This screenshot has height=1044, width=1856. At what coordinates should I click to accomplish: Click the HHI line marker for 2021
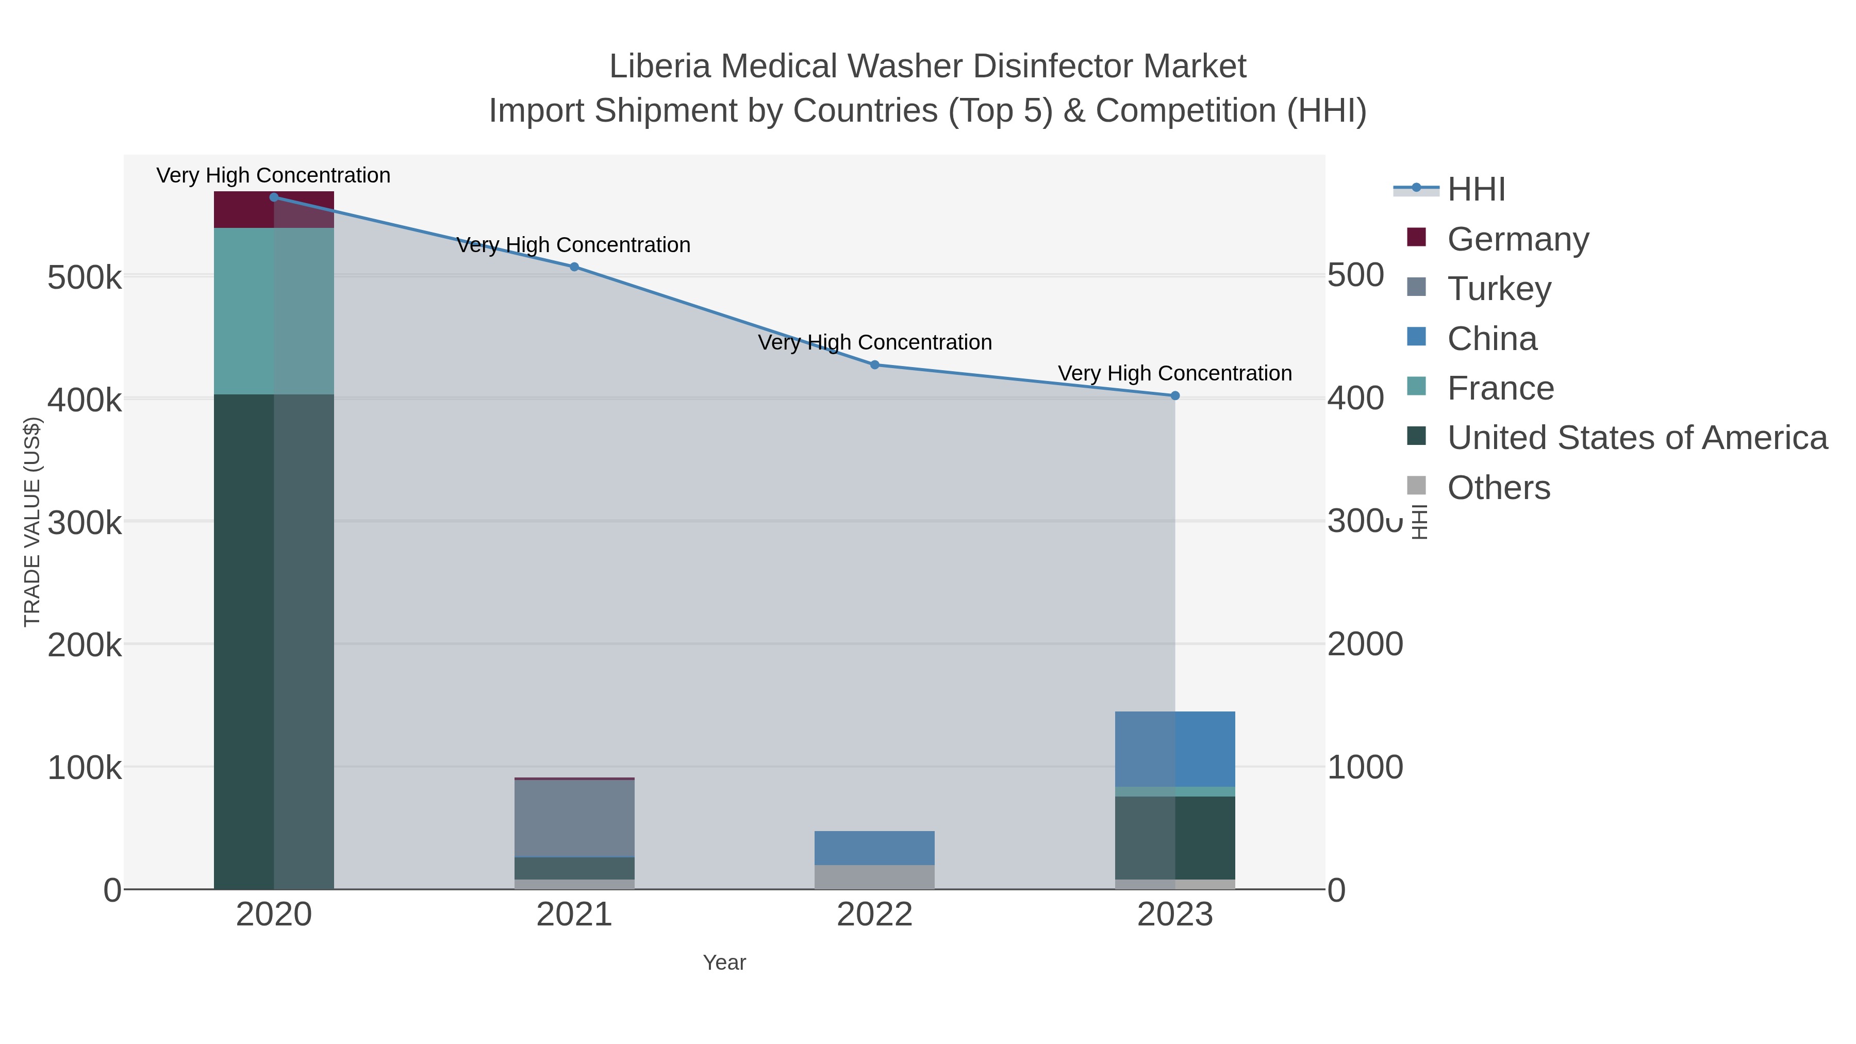point(574,267)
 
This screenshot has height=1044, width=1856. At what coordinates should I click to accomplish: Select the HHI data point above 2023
point(1174,395)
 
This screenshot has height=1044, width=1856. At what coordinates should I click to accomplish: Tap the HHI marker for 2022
point(875,364)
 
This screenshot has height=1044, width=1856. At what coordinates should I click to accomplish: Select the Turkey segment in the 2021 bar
point(574,818)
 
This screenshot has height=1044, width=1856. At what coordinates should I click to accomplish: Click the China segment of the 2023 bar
point(1174,749)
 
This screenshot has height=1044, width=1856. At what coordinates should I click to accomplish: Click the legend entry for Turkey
point(1499,289)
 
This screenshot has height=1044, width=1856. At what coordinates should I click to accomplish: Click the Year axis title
point(724,963)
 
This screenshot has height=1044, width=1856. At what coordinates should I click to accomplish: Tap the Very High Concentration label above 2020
point(273,175)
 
